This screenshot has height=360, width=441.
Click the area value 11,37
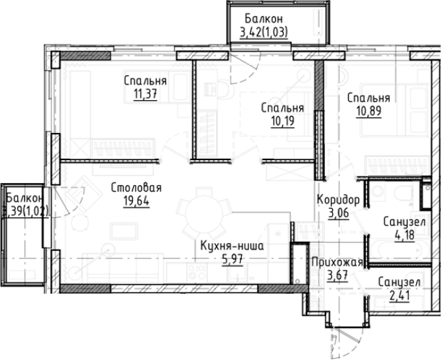click(145, 94)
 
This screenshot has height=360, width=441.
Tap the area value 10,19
click(283, 121)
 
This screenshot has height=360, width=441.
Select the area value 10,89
click(369, 111)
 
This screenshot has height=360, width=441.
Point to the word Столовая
click(136, 188)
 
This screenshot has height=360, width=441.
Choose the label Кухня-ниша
click(232, 246)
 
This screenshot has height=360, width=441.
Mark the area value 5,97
click(232, 259)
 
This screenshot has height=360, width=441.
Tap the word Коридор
click(338, 200)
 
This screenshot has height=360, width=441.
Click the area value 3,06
click(339, 213)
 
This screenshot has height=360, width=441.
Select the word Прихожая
click(337, 262)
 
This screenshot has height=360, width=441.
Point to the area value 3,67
click(337, 275)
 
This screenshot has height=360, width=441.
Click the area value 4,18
click(405, 235)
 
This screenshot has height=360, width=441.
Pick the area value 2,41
click(399, 296)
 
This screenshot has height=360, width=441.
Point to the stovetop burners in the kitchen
click(196, 271)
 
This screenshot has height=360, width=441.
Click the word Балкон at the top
click(264, 19)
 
